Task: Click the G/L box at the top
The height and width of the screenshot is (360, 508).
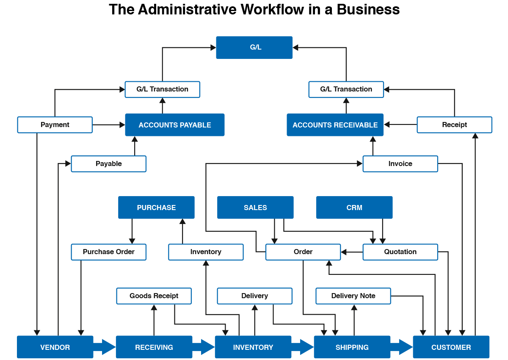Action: point(254,47)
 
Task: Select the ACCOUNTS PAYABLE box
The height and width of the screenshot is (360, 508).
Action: point(175,125)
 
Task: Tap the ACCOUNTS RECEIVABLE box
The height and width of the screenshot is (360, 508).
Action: point(335,125)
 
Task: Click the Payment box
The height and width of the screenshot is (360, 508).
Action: point(55,125)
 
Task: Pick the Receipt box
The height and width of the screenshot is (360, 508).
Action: point(455,125)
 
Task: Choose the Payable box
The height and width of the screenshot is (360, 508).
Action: point(109,164)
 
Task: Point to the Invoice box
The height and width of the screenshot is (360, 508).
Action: point(400,164)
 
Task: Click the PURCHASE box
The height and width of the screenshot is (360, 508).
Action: point(156,208)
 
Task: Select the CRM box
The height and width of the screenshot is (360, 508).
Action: point(354,208)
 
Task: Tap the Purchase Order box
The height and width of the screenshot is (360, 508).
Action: point(109,252)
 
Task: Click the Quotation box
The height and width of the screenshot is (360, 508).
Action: point(400,252)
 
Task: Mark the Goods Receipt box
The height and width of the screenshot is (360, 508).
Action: point(154,296)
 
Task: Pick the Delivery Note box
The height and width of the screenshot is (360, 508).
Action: point(353,296)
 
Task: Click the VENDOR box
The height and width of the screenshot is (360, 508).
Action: point(55,347)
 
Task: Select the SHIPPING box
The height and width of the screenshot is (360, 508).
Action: point(352,347)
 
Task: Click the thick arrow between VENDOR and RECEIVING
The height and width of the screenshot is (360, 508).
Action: point(105,347)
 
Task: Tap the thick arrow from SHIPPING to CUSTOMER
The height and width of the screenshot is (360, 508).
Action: point(402,347)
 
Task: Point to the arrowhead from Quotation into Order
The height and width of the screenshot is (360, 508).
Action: point(344,252)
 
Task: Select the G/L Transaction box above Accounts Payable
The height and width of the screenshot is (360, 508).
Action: point(163,89)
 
